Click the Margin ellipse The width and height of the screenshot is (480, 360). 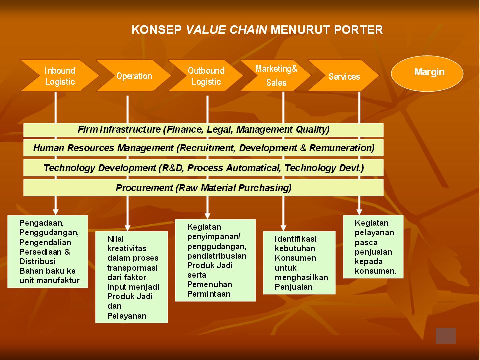click(x=427, y=73)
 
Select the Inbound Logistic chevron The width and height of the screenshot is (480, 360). click(x=60, y=76)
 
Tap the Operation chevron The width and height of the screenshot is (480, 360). click(x=134, y=76)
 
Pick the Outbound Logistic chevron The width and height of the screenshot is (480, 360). click(x=206, y=76)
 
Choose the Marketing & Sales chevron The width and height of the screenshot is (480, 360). click(x=276, y=75)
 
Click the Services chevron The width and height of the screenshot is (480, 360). click(x=344, y=76)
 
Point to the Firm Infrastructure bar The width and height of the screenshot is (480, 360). click(x=203, y=130)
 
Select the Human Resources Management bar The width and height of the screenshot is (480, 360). click(x=203, y=148)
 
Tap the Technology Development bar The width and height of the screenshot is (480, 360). click(x=203, y=168)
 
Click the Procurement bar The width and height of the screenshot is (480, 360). click(x=203, y=188)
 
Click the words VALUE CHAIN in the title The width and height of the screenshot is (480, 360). click(x=227, y=30)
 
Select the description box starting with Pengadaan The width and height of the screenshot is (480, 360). click(x=48, y=251)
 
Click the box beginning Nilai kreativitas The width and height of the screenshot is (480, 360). click(x=131, y=277)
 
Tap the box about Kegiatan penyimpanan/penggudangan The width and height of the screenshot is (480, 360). click(x=215, y=260)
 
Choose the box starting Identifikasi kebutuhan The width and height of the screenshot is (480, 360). click(x=299, y=263)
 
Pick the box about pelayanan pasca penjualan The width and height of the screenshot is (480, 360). click(x=373, y=247)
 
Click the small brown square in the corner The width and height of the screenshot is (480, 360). click(x=445, y=336)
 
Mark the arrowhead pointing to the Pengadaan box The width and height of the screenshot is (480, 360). click(x=55, y=212)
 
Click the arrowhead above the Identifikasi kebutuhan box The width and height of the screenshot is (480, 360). click(x=283, y=228)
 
